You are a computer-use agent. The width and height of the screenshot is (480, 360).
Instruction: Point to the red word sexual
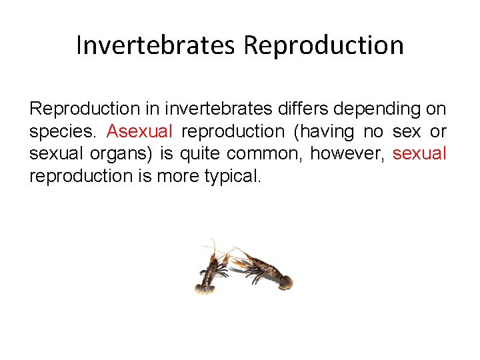(419, 153)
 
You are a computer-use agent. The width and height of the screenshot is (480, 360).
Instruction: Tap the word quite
(201, 153)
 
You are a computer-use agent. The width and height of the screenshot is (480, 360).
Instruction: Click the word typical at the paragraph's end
(229, 176)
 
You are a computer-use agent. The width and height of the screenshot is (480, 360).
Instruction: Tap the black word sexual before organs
(54, 153)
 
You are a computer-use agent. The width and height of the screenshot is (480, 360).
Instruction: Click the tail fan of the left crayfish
(204, 287)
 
